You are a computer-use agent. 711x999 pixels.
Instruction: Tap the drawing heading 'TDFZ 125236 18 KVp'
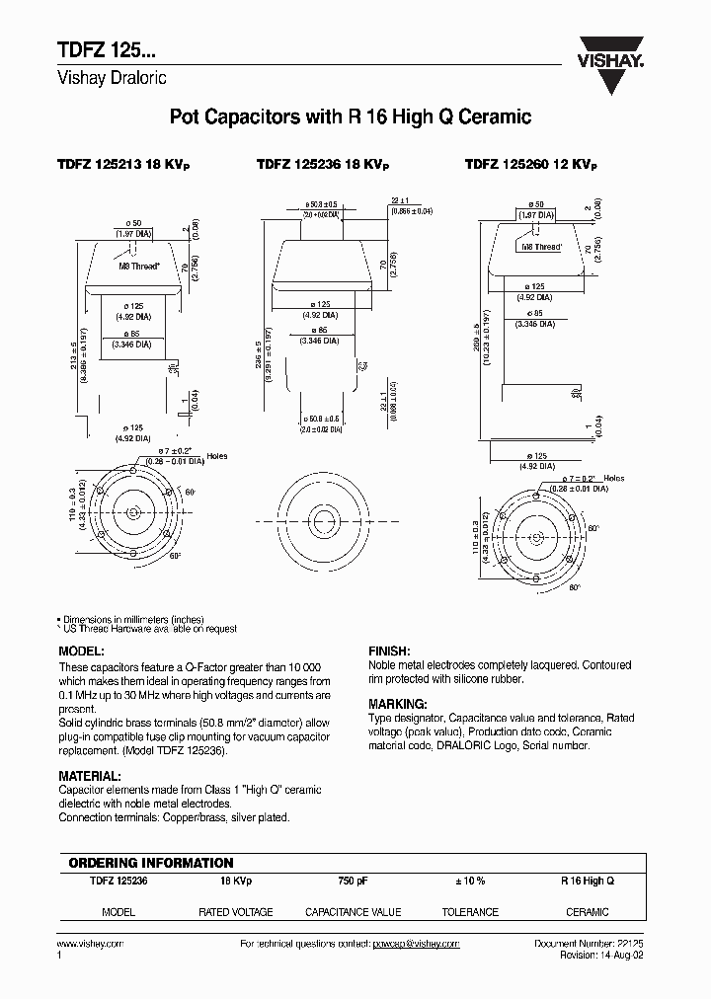[324, 167]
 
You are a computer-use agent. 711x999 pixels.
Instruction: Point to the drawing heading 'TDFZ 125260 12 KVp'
[531, 167]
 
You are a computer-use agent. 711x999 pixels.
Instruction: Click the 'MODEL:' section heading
[82, 653]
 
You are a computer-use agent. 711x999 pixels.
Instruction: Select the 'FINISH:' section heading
[390, 653]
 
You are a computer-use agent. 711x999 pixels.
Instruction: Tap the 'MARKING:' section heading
[397, 705]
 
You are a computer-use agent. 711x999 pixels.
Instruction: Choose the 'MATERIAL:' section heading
[91, 777]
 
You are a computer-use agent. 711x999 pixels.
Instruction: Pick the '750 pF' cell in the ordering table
[353, 880]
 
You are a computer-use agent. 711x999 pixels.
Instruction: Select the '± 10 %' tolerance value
[469, 880]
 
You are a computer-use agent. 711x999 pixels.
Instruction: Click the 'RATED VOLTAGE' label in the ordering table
[236, 912]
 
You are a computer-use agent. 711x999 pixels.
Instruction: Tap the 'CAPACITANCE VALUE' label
[353, 912]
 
